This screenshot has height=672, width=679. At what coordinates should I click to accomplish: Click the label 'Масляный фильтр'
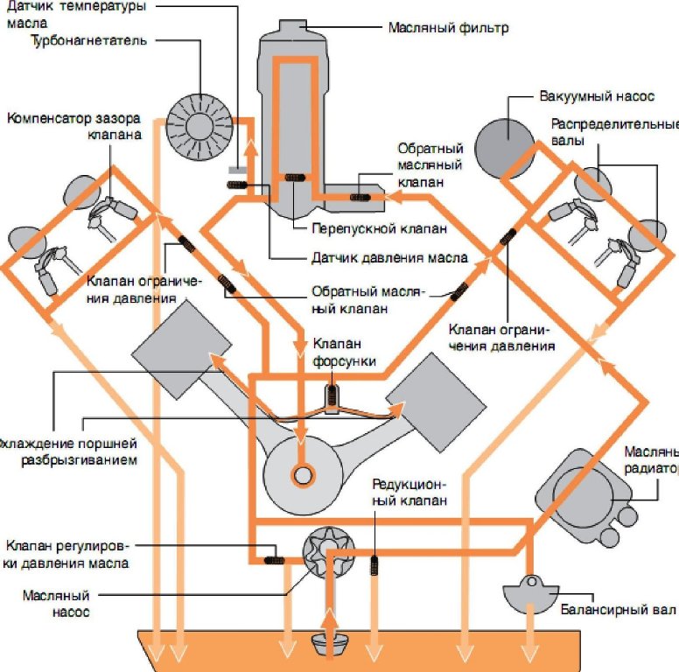[448, 27]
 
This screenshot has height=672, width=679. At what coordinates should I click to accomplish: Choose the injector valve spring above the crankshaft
[332, 394]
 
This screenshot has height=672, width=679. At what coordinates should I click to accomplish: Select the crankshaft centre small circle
[304, 476]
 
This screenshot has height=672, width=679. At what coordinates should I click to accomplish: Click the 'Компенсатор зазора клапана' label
[75, 126]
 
